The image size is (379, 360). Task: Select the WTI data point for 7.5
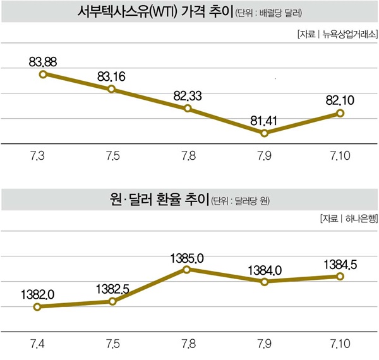[112, 89]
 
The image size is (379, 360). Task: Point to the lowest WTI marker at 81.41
[265, 133]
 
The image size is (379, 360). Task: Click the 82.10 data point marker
[340, 113]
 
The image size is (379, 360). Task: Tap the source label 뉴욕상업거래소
[349, 35]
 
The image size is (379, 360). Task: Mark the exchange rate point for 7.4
[37, 307]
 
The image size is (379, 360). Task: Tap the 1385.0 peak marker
[188, 269]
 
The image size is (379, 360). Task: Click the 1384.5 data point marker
[340, 277]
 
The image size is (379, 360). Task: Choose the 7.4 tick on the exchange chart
[37, 345]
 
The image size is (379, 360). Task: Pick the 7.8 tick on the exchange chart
[188, 345]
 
